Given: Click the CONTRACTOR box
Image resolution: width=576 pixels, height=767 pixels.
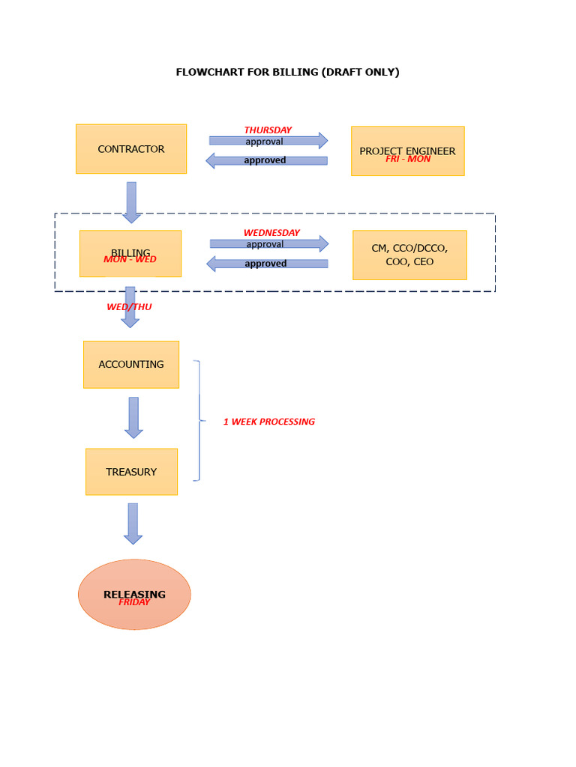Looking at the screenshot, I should pyautogui.click(x=131, y=149).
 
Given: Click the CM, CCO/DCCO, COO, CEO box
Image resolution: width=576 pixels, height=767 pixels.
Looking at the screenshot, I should pyautogui.click(x=409, y=255).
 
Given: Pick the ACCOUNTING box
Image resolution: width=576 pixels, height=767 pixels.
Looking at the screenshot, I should pyautogui.click(x=131, y=365).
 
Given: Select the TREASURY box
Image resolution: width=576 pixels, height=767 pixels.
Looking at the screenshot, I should pyautogui.click(x=131, y=472).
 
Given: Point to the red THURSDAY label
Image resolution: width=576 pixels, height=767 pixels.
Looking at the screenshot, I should pyautogui.click(x=268, y=130).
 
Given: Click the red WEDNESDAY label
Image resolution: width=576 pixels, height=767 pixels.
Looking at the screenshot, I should pyautogui.click(x=271, y=233).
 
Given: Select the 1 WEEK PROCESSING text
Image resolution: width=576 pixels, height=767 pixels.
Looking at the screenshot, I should pyautogui.click(x=268, y=422).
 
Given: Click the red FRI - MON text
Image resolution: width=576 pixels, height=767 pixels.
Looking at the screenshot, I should pyautogui.click(x=408, y=159).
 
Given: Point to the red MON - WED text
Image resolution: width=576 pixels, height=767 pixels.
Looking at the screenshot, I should pyautogui.click(x=130, y=259).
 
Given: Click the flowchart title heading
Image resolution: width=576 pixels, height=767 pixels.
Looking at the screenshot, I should pyautogui.click(x=287, y=72).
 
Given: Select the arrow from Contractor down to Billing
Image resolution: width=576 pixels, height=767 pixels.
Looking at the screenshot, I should pyautogui.click(x=132, y=201).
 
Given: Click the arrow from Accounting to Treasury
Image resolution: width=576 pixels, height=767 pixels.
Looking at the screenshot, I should pyautogui.click(x=133, y=417).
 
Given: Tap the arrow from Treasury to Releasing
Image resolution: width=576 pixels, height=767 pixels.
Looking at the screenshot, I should pyautogui.click(x=133, y=524).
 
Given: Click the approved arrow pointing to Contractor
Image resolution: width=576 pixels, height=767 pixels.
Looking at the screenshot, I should pyautogui.click(x=267, y=160).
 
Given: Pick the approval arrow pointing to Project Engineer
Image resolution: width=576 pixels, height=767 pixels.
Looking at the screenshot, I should pyautogui.click(x=268, y=141).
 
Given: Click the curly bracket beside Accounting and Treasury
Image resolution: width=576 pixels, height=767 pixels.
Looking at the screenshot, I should pyautogui.click(x=199, y=420).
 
